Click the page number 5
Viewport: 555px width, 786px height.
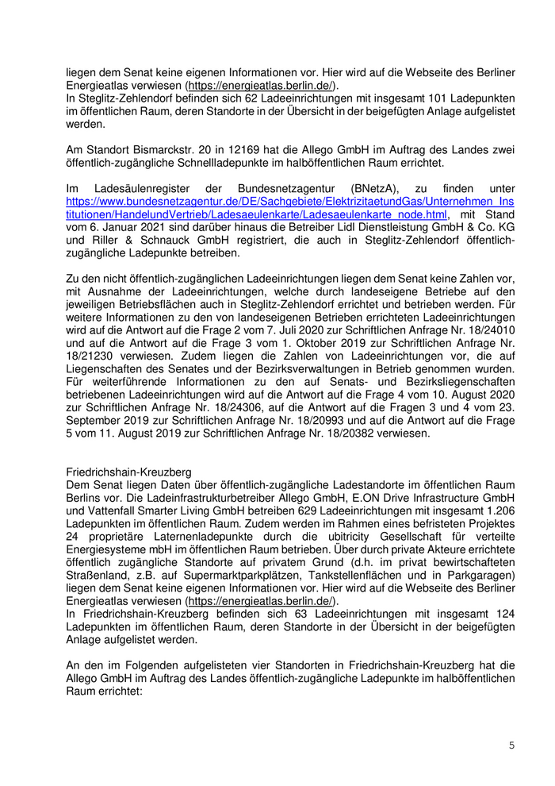pyautogui.click(x=511, y=746)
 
